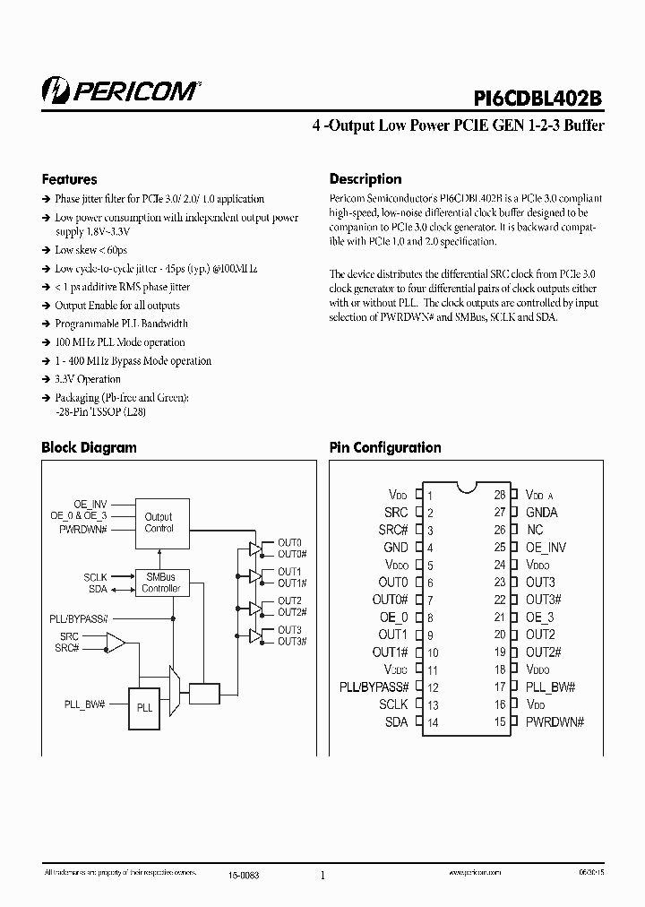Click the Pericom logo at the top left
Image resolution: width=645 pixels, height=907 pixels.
[x=121, y=91]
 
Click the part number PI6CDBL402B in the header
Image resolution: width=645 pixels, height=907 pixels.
[x=538, y=95]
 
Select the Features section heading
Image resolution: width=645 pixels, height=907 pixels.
[x=69, y=178]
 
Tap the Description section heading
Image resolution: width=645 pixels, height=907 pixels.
[x=365, y=178]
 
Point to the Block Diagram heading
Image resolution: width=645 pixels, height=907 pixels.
[x=89, y=447]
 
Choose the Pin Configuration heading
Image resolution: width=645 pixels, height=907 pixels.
[x=385, y=447]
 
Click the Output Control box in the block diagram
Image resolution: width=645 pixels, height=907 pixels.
[x=159, y=523]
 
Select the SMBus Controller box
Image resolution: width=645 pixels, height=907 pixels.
[x=161, y=583]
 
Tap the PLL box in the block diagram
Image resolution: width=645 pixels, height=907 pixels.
[x=144, y=707]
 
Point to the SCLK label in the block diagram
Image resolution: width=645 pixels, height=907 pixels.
[x=96, y=577]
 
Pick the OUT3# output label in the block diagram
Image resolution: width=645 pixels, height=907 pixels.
[x=292, y=641]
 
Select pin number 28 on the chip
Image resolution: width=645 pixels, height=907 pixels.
[x=500, y=495]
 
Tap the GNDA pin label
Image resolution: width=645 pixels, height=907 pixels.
[x=542, y=513]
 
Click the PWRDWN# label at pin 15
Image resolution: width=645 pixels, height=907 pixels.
[x=555, y=722]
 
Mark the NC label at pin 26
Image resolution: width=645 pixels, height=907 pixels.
[x=535, y=530]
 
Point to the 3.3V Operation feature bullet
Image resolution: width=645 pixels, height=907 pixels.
[x=88, y=379]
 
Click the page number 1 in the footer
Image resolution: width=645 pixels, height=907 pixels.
[x=322, y=876]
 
